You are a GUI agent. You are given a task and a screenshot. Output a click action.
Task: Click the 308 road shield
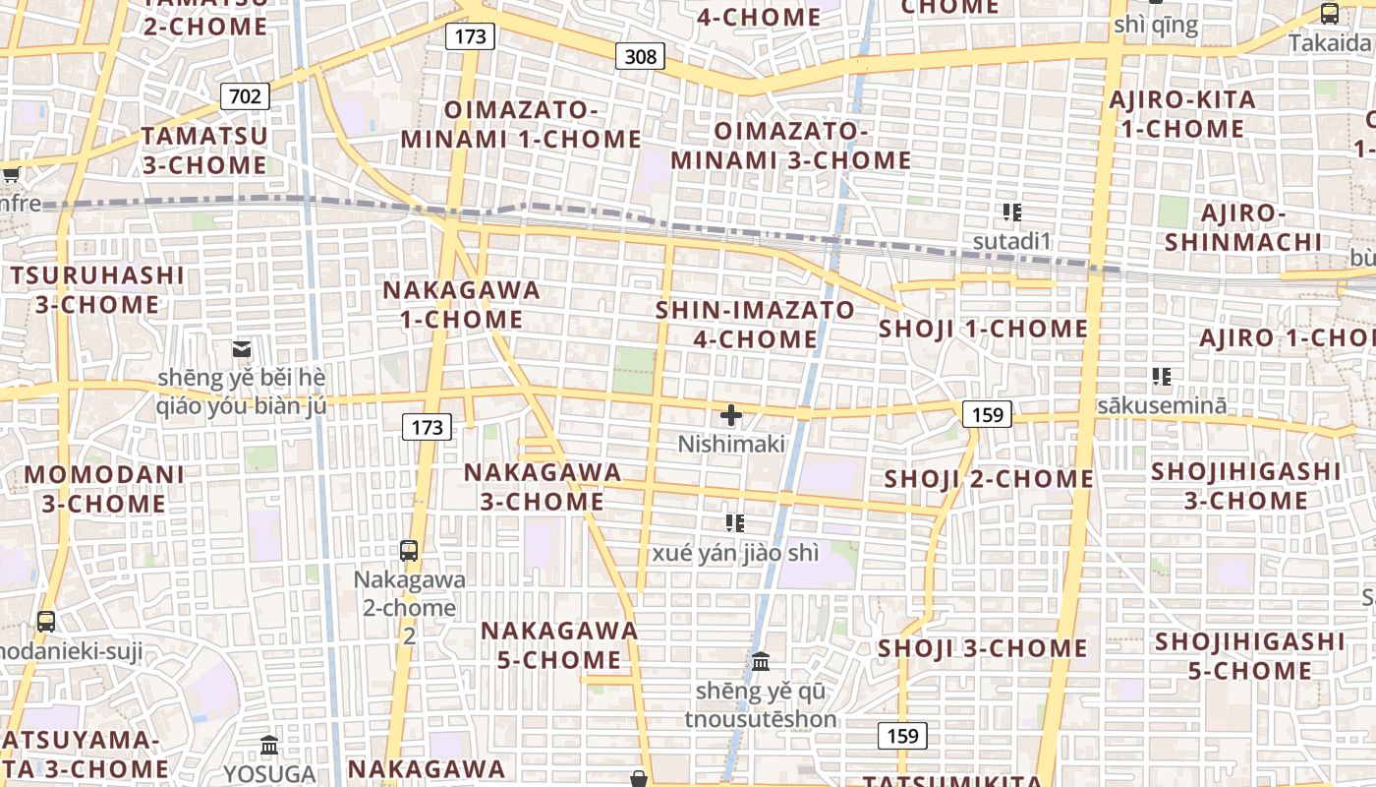point(640,56)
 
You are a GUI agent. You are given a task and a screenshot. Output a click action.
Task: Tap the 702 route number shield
point(244,95)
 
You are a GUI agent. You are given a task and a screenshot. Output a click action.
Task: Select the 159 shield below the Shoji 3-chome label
point(901,735)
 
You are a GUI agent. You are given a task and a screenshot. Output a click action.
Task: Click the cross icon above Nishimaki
point(731,415)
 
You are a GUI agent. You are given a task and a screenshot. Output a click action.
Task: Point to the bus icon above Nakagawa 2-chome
point(409,551)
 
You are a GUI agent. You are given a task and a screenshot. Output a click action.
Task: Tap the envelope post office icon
point(242,348)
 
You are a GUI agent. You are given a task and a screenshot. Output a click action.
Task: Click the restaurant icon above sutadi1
point(1012,212)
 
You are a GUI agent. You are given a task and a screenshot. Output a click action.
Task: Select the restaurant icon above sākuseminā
point(1162,376)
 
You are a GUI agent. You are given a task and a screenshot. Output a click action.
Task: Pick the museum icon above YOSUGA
point(269,745)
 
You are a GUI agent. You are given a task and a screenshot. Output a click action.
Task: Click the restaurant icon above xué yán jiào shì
point(734,523)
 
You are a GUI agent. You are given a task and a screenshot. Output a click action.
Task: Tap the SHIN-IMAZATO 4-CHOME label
point(755,325)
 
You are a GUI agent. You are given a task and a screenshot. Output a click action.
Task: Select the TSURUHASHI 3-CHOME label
point(97,289)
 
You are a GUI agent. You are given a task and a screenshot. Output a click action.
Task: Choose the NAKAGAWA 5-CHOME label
point(558,644)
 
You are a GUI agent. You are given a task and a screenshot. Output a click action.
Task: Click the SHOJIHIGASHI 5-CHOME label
point(1249,656)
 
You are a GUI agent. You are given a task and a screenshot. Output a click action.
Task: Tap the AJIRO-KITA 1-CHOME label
point(1182,114)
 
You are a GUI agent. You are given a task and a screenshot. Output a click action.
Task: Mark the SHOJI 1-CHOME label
point(983,329)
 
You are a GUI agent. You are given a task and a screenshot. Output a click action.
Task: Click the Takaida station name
point(1329,43)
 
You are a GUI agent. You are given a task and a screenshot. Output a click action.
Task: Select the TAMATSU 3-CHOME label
point(204,150)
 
